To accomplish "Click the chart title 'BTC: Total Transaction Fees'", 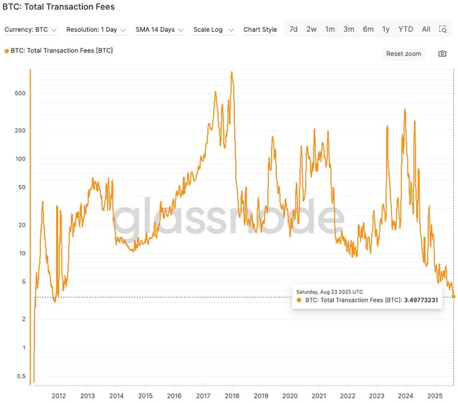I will (x=59, y=7).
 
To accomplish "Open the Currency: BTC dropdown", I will (x=31, y=30).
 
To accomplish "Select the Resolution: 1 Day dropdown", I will (x=96, y=30).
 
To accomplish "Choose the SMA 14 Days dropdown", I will (x=159, y=30).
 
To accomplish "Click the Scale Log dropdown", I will (x=213, y=30).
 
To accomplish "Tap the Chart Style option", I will (x=260, y=30).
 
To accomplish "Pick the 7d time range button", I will (x=293, y=29).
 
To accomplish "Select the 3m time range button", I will (x=349, y=29).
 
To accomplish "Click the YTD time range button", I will (x=405, y=29).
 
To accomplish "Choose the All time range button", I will (x=426, y=29).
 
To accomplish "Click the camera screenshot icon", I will (x=442, y=54).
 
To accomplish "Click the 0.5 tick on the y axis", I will (x=21, y=377).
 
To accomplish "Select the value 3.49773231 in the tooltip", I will (x=421, y=300).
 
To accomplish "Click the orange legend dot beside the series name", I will (x=7, y=51).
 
